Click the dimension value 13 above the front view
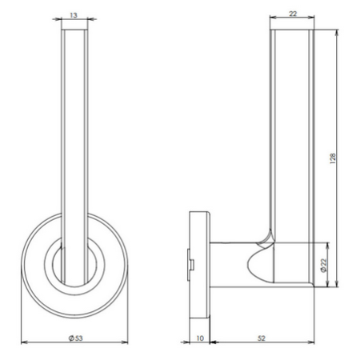[74, 15]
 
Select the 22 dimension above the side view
[293, 14]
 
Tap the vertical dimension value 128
[333, 158]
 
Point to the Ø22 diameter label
[323, 266]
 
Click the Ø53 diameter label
[76, 338]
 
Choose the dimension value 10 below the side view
[200, 338]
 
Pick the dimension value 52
[262, 338]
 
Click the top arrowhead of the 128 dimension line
[337, 33]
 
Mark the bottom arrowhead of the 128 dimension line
[337, 283]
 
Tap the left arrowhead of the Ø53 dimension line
[25, 342]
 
